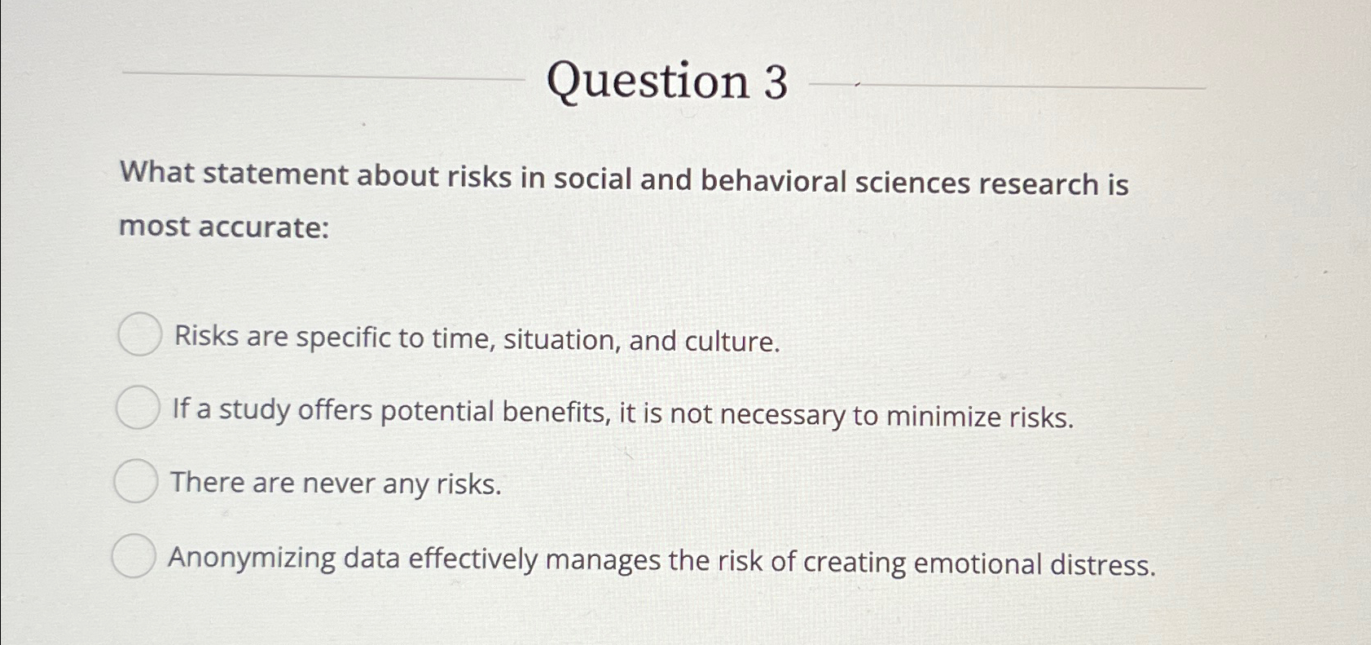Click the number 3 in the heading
click(x=776, y=82)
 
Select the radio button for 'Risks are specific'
click(x=139, y=334)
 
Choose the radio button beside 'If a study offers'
click(x=137, y=408)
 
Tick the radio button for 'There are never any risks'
click(x=135, y=481)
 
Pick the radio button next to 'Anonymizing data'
click(x=133, y=556)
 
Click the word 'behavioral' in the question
click(x=773, y=180)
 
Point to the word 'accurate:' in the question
click(x=264, y=227)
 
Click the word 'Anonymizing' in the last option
click(x=252, y=559)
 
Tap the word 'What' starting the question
click(x=156, y=173)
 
